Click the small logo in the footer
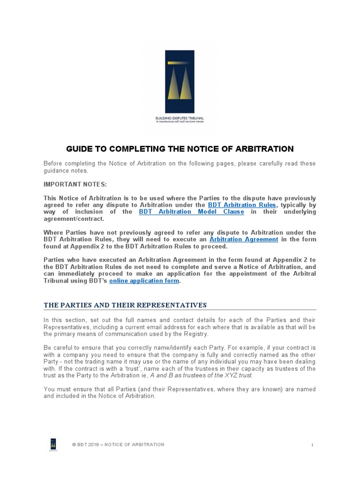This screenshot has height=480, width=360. [x=53, y=444]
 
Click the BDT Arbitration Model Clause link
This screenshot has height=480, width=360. [x=192, y=212]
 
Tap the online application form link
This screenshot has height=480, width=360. [x=144, y=281]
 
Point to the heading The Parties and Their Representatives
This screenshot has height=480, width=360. [x=125, y=305]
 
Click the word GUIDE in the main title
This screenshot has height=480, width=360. [x=79, y=149]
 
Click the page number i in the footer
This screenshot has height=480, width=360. [x=312, y=444]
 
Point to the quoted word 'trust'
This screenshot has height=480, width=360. [x=137, y=368]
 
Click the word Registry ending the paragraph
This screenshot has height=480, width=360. [x=199, y=334]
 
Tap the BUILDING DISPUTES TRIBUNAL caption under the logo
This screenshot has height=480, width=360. [x=180, y=118]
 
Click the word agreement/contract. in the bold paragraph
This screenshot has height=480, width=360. [x=74, y=218]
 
